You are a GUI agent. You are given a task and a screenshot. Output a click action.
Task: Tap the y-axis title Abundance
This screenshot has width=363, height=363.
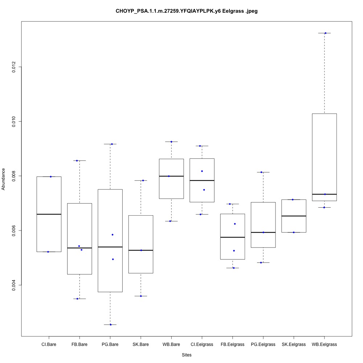(4, 179)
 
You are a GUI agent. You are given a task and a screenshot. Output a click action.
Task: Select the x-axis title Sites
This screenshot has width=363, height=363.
(187, 355)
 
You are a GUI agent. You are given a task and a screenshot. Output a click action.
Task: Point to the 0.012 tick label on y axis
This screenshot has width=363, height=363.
(14, 67)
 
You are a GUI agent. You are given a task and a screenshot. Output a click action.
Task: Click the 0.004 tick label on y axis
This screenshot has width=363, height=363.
(14, 285)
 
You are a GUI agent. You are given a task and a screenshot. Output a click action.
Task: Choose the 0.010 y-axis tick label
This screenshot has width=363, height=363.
(14, 121)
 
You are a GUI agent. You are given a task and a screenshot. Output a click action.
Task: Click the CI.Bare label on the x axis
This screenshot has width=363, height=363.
(49, 344)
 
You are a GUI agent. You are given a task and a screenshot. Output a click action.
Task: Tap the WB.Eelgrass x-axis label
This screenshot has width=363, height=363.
(324, 344)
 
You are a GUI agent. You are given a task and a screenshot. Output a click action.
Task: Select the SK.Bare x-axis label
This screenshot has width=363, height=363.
(140, 344)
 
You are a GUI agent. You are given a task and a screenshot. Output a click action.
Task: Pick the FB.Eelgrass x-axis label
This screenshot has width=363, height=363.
(232, 344)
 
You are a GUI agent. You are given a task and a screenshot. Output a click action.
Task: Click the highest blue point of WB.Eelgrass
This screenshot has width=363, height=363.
(325, 33)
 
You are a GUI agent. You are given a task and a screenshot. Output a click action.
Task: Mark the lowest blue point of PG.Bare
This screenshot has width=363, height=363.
(111, 325)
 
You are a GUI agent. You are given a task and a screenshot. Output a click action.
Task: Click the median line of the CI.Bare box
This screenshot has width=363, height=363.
(49, 214)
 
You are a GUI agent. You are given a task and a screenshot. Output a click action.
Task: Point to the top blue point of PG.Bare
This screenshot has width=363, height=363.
(112, 144)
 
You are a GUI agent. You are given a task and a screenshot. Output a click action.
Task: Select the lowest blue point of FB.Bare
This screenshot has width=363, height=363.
(77, 299)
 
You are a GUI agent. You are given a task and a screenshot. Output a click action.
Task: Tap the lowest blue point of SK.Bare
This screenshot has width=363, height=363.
(141, 296)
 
